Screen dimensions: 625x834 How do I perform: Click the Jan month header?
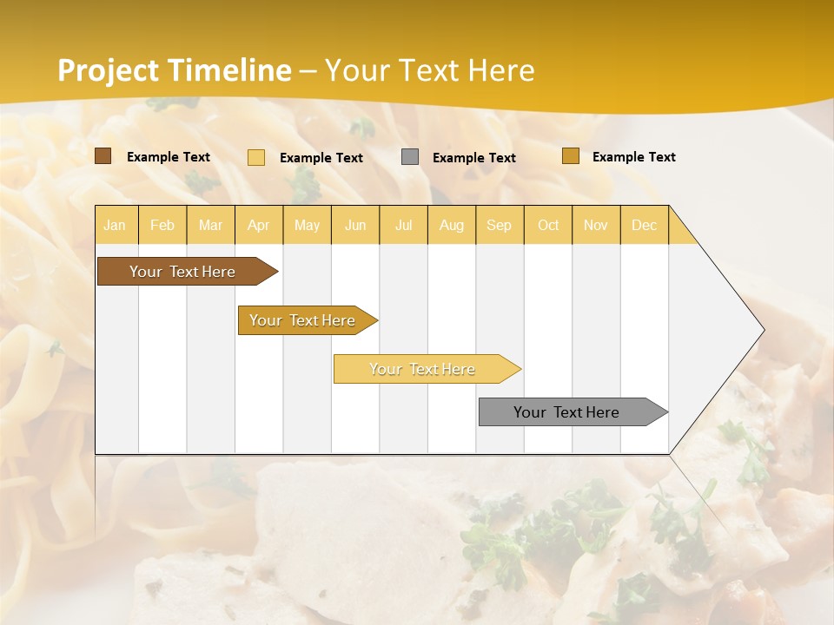click(115, 225)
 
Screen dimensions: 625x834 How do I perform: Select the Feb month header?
click(162, 225)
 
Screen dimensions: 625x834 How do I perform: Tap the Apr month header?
click(258, 225)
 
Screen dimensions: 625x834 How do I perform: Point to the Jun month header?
click(355, 225)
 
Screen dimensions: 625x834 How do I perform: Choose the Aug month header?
click(452, 225)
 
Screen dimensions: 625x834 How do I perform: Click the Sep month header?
click(499, 225)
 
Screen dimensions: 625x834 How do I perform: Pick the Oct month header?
click(548, 225)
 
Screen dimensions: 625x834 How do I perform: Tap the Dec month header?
click(645, 225)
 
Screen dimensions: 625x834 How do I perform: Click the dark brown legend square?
click(103, 156)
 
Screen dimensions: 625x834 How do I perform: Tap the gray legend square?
click(410, 156)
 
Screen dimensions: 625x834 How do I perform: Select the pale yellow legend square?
click(256, 157)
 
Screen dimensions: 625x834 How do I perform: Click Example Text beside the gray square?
click(474, 157)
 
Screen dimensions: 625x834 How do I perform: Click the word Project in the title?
click(109, 70)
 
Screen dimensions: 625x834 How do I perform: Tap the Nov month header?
click(596, 225)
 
